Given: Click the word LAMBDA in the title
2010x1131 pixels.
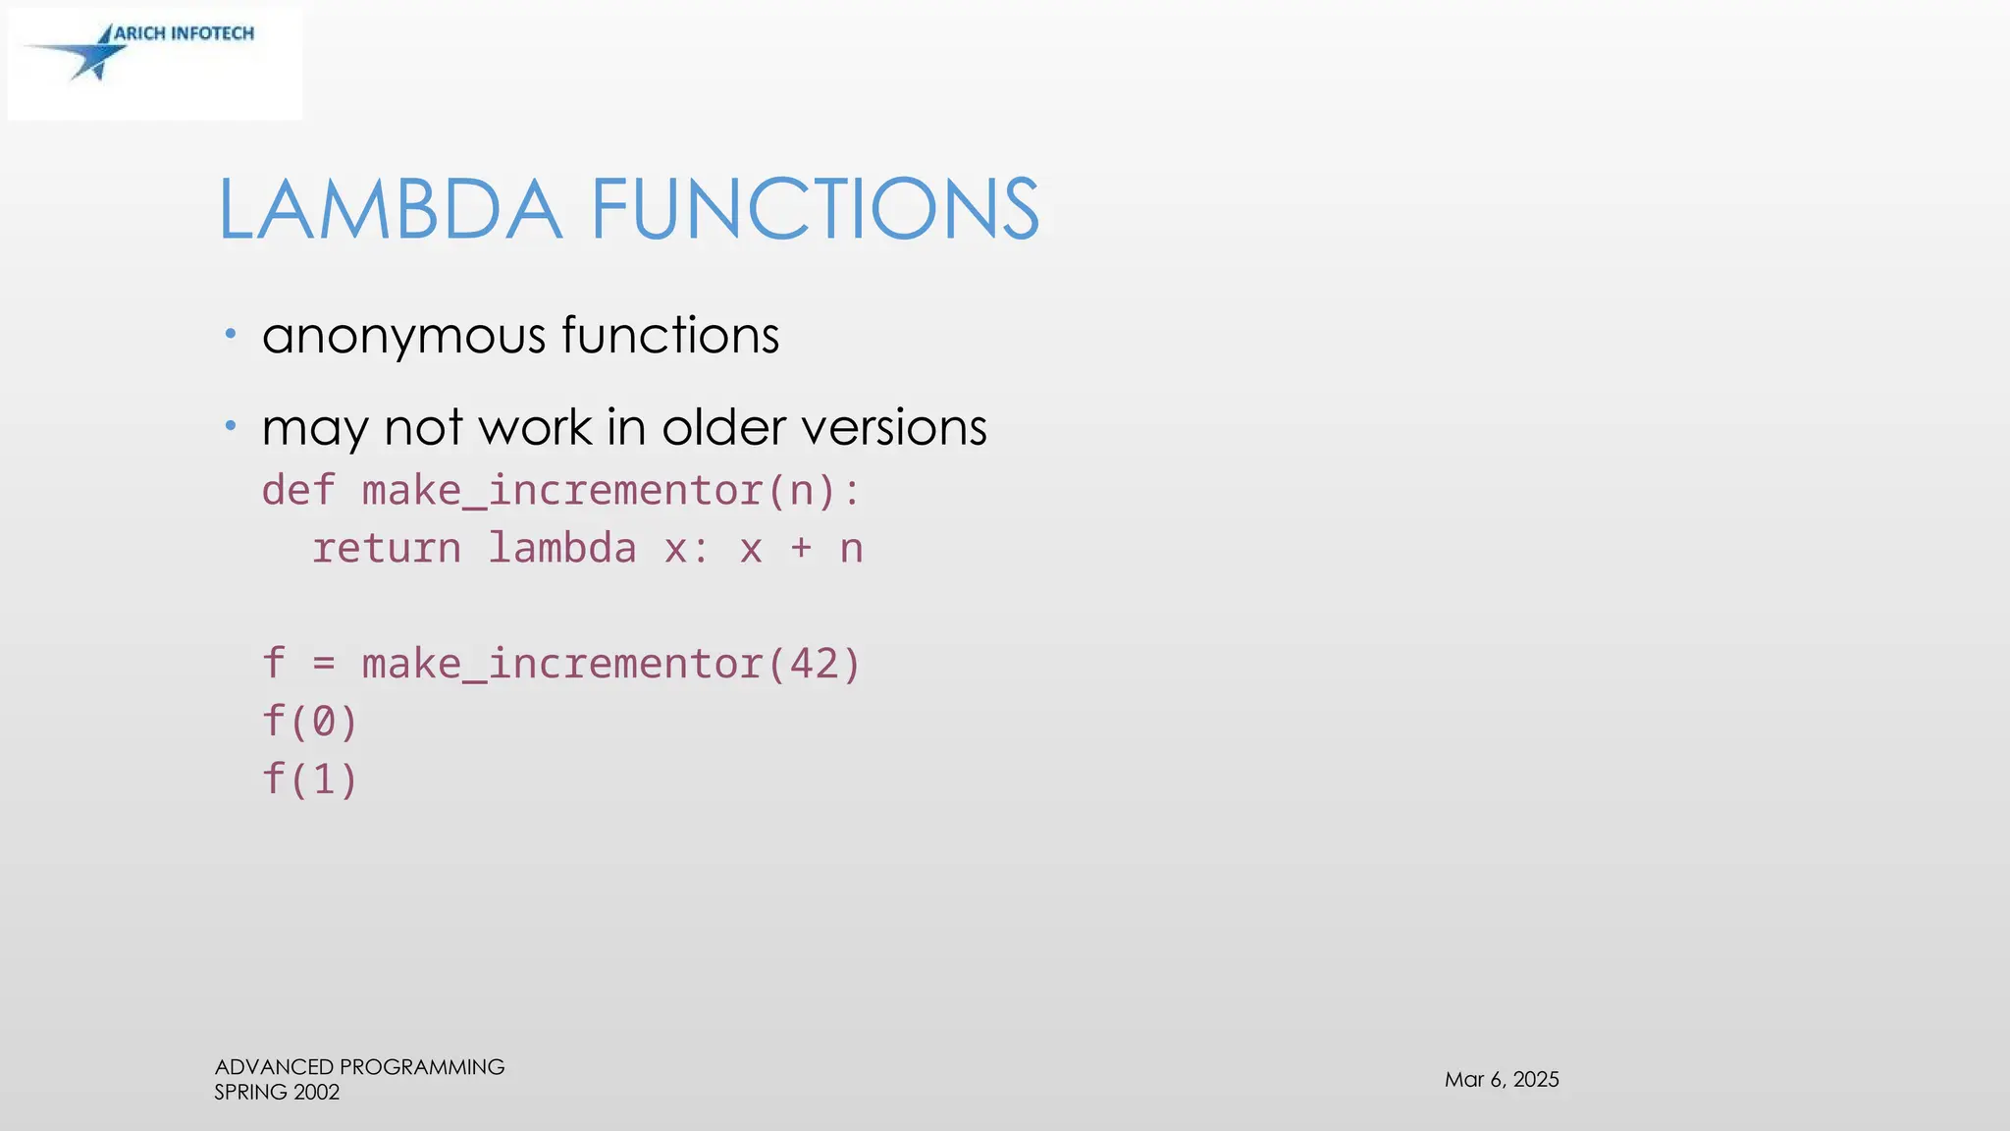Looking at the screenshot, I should [390, 209].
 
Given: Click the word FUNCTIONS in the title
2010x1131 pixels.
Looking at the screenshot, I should [814, 209].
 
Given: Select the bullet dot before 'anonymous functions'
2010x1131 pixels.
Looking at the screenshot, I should [231, 334].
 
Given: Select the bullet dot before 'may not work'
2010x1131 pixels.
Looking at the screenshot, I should [231, 425].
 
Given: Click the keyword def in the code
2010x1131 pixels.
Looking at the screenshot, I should [298, 490].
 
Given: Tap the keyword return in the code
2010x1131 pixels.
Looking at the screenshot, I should [387, 548].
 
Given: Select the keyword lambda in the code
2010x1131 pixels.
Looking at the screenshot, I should [562, 548].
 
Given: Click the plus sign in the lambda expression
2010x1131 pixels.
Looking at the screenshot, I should [801, 548].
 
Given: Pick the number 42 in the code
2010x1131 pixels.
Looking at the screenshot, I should [814, 664].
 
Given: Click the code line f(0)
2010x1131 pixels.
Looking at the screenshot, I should [310, 722].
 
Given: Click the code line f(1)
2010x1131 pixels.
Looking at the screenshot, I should [310, 780].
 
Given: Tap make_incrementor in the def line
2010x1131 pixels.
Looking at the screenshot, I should [561, 490].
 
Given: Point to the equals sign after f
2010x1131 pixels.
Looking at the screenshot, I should [324, 665].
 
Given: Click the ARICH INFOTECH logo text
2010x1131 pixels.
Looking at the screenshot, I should [184, 33].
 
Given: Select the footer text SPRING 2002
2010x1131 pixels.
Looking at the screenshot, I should [277, 1093].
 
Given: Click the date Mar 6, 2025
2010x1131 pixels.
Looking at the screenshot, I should [1502, 1080].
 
